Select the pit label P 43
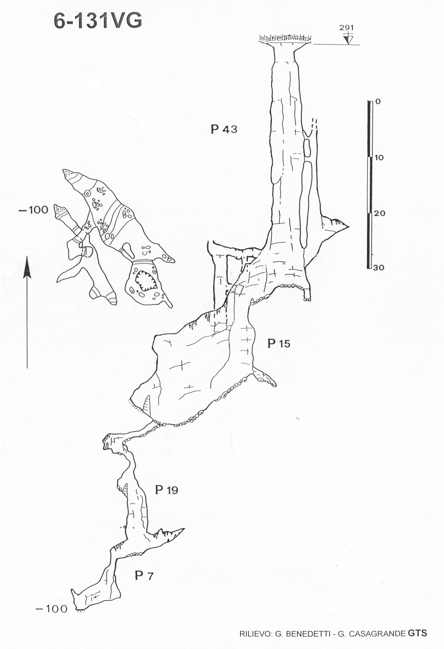tap(224, 130)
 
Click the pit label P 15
tap(279, 344)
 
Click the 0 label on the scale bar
tap(378, 102)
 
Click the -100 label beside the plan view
tap(33, 210)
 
